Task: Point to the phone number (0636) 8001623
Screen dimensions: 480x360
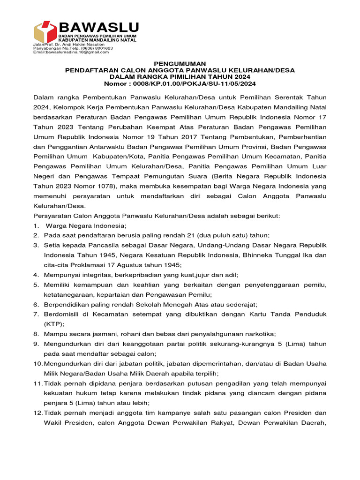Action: [x=97, y=48]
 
